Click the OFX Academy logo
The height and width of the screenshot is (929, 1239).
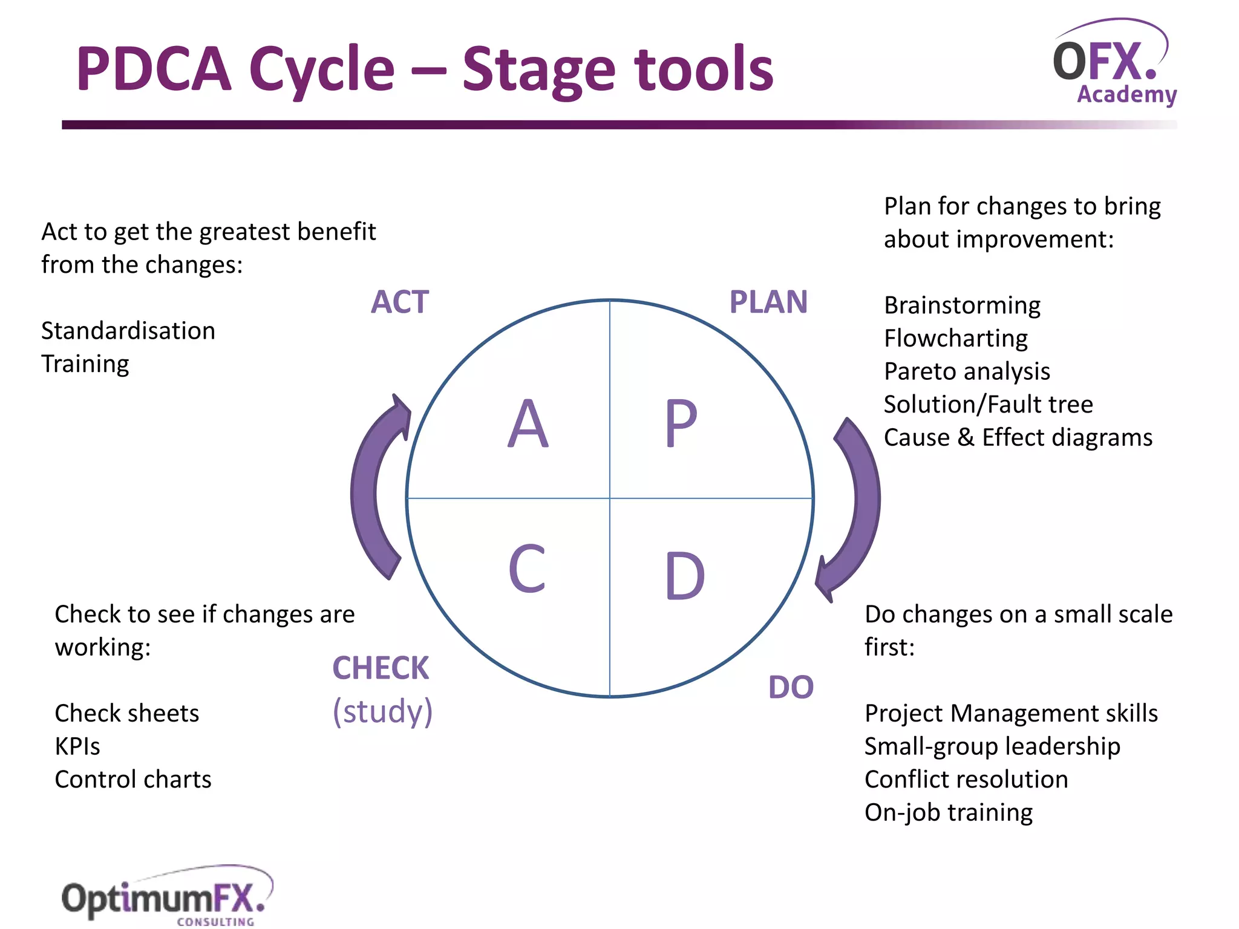tap(1114, 64)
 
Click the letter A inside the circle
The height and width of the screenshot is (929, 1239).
tap(528, 424)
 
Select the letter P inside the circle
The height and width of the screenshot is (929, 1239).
tap(681, 424)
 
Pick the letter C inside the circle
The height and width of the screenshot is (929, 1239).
tap(527, 569)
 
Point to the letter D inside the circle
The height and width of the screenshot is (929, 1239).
tap(685, 576)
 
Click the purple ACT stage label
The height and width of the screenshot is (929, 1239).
tap(400, 302)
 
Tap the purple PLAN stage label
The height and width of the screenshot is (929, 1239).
tap(768, 302)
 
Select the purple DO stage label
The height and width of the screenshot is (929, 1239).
tap(791, 687)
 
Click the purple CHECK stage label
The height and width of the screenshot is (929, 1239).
tap(381, 668)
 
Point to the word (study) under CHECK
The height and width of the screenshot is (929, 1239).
tap(382, 711)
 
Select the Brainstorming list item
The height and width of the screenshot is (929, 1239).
tap(962, 305)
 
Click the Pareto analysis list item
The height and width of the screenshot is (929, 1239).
tap(967, 371)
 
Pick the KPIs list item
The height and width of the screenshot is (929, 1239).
tap(77, 746)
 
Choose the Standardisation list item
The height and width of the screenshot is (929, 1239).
tap(128, 331)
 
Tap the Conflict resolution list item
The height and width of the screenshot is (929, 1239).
tap(966, 780)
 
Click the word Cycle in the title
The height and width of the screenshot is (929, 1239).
tap(322, 70)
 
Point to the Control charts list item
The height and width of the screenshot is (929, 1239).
tap(133, 780)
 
